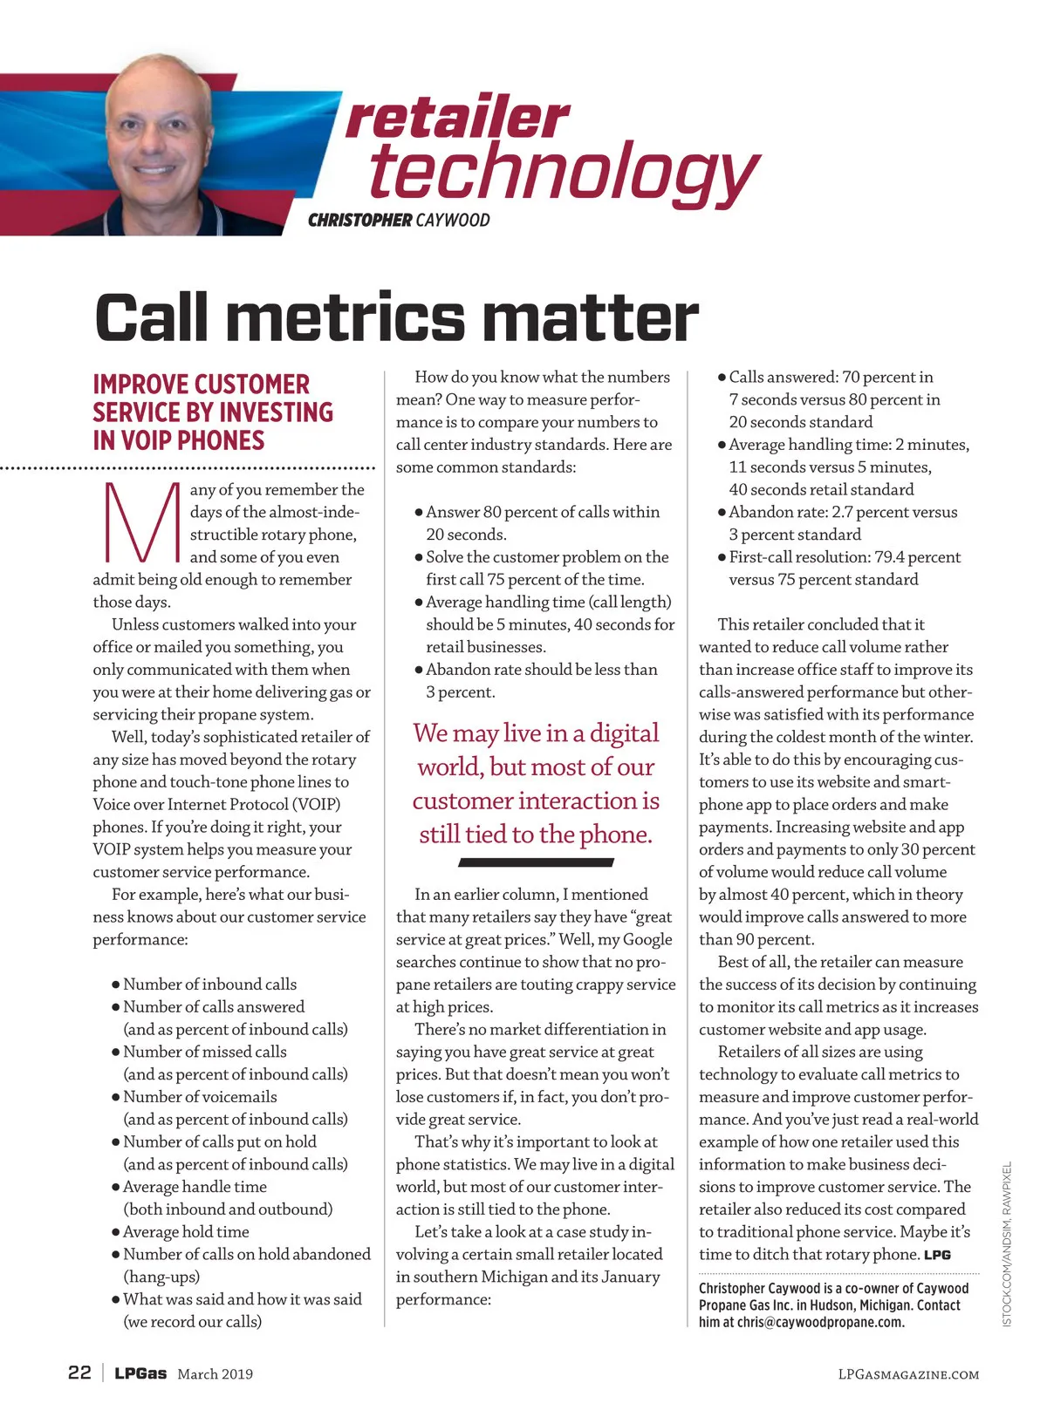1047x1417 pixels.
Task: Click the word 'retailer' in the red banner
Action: click(457, 118)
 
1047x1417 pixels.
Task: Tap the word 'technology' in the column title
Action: click(564, 172)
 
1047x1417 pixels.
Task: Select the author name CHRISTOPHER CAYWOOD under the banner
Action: click(399, 220)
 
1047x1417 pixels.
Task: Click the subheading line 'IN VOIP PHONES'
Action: click(179, 440)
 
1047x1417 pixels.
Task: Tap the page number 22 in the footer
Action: click(79, 1373)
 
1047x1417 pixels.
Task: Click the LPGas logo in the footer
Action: click(140, 1373)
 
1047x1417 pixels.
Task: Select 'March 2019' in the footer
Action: click(216, 1374)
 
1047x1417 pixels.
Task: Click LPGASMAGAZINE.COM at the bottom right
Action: click(908, 1374)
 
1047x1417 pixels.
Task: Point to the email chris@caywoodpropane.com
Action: click(821, 1322)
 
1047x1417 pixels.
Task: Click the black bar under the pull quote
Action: click(536, 862)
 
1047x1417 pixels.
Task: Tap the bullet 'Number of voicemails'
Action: click(200, 1097)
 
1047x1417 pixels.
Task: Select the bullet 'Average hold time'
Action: click(186, 1231)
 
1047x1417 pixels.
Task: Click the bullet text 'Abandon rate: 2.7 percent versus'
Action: click(843, 512)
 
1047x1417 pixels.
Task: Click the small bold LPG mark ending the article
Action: click(938, 1255)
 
